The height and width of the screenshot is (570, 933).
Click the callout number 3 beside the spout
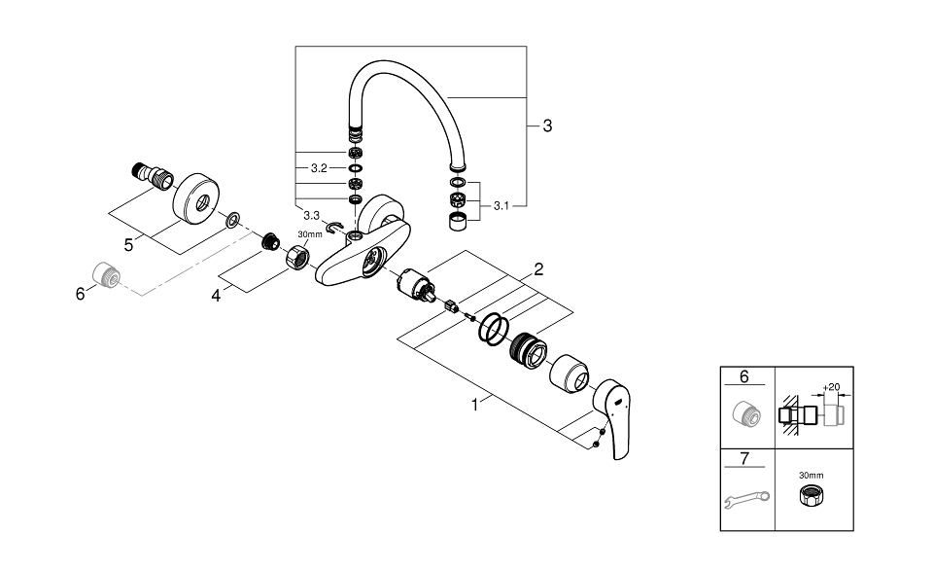(547, 125)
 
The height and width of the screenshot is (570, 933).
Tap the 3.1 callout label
(503, 205)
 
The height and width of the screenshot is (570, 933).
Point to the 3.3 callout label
(312, 214)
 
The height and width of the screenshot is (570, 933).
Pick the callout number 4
(217, 295)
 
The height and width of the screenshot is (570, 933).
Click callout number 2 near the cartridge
(537, 268)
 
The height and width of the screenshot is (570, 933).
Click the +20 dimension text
(830, 386)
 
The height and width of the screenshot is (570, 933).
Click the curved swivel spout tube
(408, 92)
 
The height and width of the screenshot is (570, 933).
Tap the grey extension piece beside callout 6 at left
(104, 276)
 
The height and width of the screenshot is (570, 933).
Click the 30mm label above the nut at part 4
(308, 234)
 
